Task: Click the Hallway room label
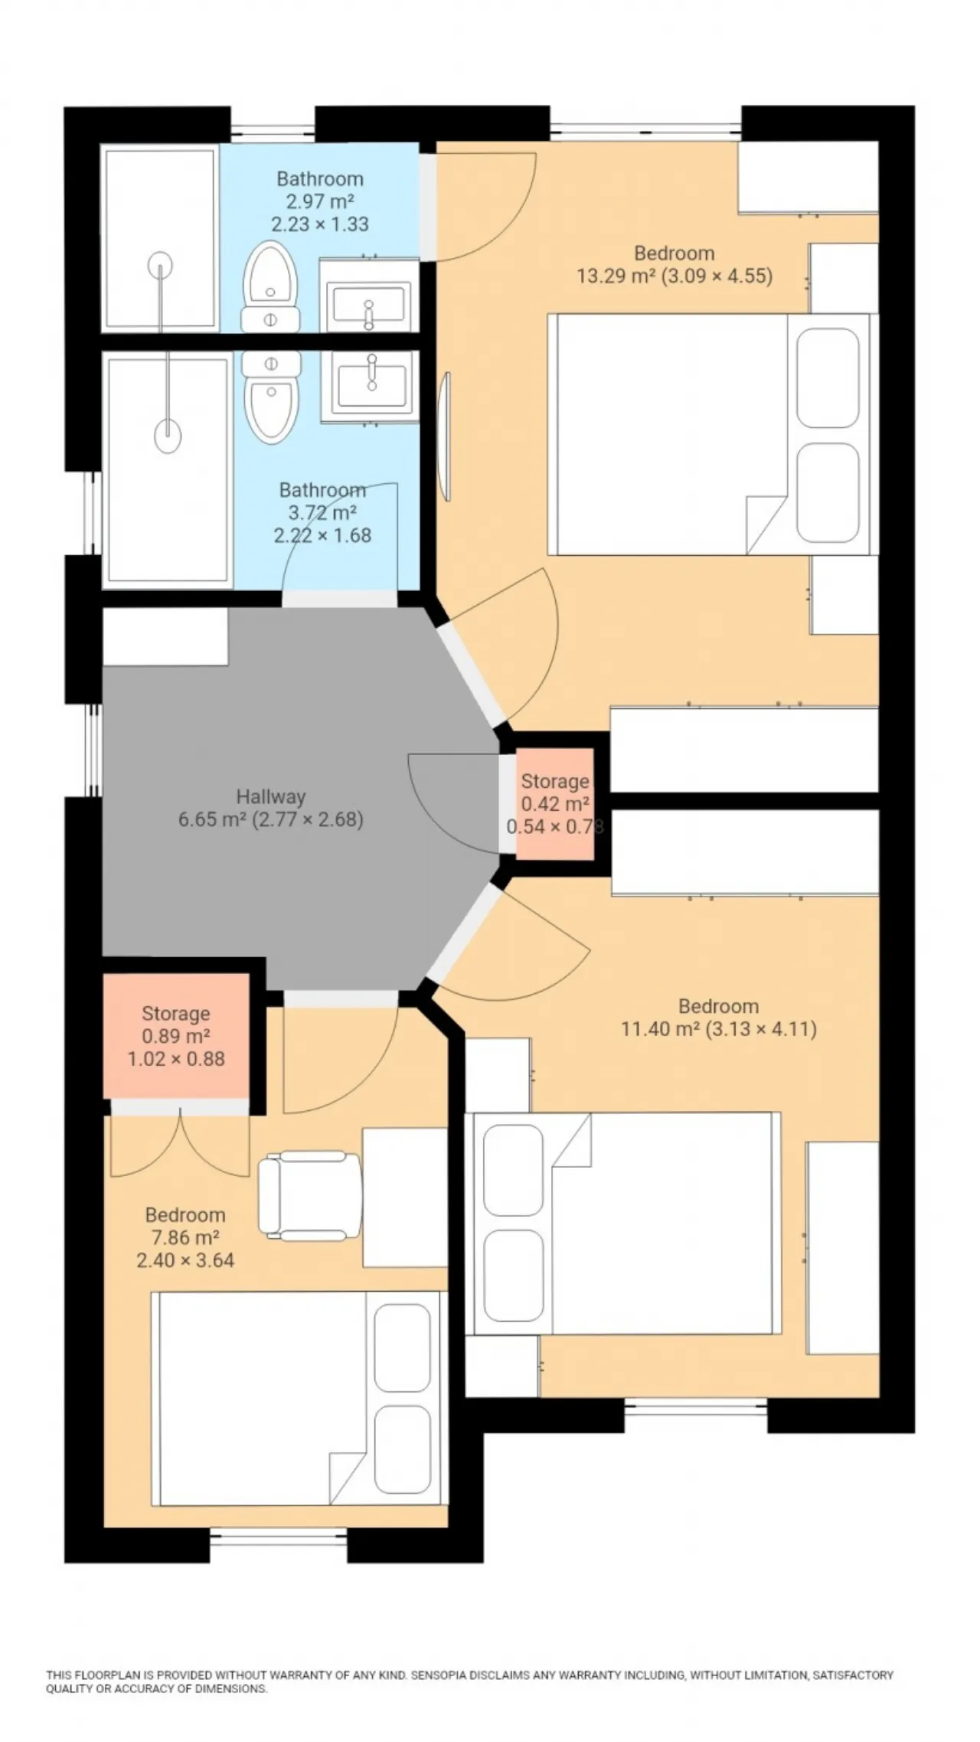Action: pos(271,796)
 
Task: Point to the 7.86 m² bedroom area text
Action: pos(185,1237)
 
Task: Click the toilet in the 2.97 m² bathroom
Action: pos(269,286)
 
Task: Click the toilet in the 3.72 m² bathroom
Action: pos(269,397)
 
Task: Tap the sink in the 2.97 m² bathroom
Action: pos(369,305)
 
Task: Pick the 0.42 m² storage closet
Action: pos(555,803)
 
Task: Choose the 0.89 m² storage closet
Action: pos(176,1035)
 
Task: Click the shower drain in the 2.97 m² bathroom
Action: pos(161,263)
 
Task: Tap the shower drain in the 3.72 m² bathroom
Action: pos(168,436)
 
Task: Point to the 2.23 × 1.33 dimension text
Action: pos(320,224)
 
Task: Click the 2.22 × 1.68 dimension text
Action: pos(323,535)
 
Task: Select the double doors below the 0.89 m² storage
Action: pos(180,1140)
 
